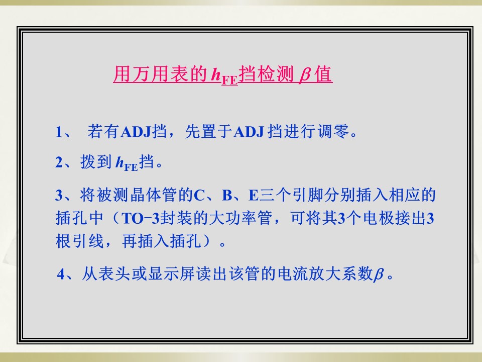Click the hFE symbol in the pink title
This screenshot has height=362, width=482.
224,76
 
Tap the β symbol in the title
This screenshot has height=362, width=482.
304,75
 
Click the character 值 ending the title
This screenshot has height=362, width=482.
323,74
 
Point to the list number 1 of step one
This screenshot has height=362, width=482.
59,132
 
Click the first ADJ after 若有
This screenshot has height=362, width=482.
136,132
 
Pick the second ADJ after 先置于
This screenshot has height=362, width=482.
249,132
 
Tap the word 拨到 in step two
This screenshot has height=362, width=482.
96,161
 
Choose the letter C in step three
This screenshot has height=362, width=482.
199,195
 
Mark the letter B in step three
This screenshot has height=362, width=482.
227,195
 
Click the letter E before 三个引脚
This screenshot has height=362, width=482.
254,195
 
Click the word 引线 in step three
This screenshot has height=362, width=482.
87,241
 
